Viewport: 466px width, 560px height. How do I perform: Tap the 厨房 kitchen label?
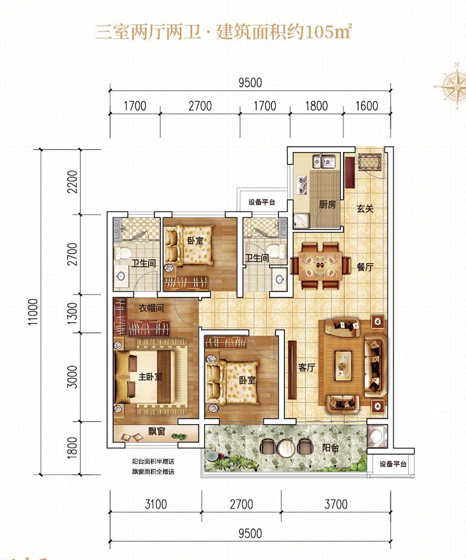327,205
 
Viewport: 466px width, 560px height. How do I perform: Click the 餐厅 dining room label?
365,267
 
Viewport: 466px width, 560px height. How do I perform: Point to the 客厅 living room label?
307,367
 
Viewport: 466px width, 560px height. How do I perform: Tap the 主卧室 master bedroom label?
150,377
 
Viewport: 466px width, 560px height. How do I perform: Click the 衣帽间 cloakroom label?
151,308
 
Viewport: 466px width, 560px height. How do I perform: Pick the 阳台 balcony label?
331,448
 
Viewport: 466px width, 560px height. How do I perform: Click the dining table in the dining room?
320,266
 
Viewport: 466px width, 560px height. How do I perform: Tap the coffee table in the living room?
343,366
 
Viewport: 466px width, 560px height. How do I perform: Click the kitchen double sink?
324,161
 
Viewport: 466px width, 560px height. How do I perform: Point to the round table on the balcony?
287,448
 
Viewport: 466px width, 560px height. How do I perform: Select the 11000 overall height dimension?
34,312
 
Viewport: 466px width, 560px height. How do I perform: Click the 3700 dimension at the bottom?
336,504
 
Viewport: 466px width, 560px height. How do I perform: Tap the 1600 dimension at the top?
366,106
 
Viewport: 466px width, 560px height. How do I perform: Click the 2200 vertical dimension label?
73,182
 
